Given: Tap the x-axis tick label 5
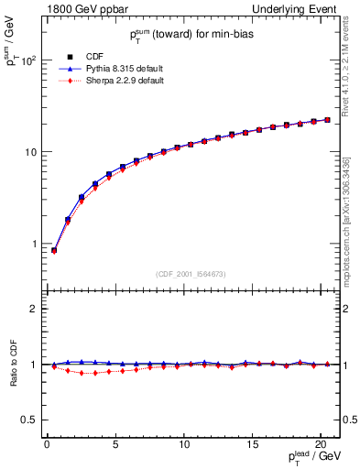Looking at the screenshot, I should coord(115,445).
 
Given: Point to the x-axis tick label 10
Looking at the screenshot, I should coord(184,445).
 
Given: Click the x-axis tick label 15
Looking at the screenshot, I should coord(253,445).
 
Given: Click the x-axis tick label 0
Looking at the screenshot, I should coord(47,445).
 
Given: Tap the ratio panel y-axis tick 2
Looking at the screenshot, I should coord(33,309).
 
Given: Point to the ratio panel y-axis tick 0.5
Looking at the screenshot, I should coord(29,420).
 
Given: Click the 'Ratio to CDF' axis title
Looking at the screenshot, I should coord(12,365).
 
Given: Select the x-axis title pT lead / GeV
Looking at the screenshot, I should coord(315,458).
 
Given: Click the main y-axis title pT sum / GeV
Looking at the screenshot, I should coord(12,45).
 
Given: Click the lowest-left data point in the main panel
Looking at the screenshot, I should coord(53,250).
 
